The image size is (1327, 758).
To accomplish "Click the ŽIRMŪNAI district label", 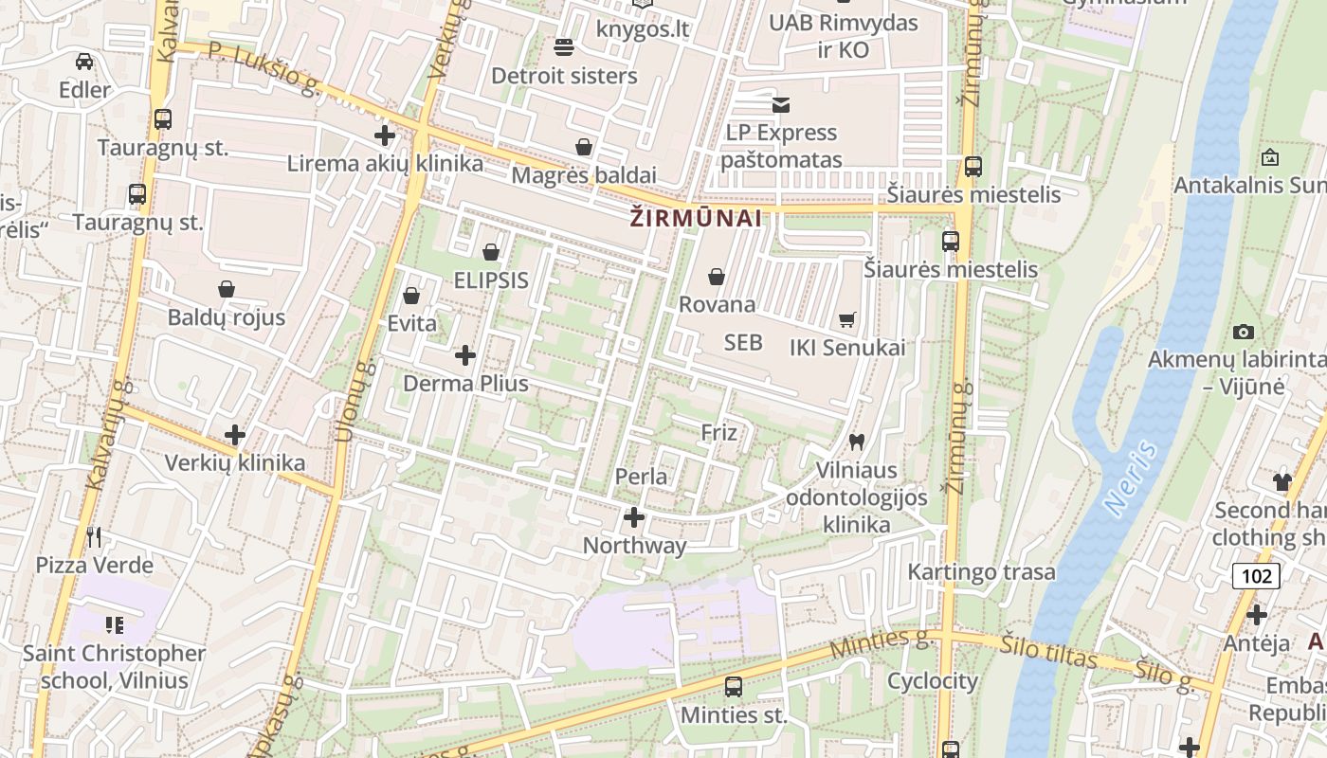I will point(696,219).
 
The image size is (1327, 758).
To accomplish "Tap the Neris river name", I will point(1132,477).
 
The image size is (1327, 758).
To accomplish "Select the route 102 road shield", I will point(1257,575).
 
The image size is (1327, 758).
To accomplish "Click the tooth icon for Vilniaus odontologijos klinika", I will point(857,442).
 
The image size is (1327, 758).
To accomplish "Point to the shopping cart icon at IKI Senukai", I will point(847,320).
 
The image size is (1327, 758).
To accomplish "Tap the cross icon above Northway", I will point(634,517).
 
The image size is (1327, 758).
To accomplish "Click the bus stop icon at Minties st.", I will point(733,687).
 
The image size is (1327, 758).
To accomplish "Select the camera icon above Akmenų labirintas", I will point(1244,332).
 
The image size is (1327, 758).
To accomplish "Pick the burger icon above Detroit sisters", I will point(564,46).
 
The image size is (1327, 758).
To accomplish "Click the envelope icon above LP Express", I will point(781,104).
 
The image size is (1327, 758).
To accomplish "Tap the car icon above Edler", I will point(84,62).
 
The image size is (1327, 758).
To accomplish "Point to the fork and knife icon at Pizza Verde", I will point(94,537).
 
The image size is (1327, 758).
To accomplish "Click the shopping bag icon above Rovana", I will point(717,277).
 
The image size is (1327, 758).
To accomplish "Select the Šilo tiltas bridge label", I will point(1048,653).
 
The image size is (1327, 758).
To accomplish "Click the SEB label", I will point(743,342).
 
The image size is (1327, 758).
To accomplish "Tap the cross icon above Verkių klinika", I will point(235,435).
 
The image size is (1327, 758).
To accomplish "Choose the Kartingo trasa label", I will point(981,572).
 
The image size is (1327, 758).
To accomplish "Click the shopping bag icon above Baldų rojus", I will point(227,289).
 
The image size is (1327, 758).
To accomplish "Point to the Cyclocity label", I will point(932,681).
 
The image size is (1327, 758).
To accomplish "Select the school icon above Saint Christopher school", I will point(115,624).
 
